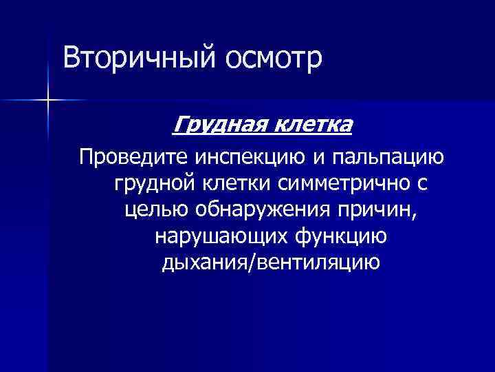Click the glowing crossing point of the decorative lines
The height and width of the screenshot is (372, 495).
coord(48,101)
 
